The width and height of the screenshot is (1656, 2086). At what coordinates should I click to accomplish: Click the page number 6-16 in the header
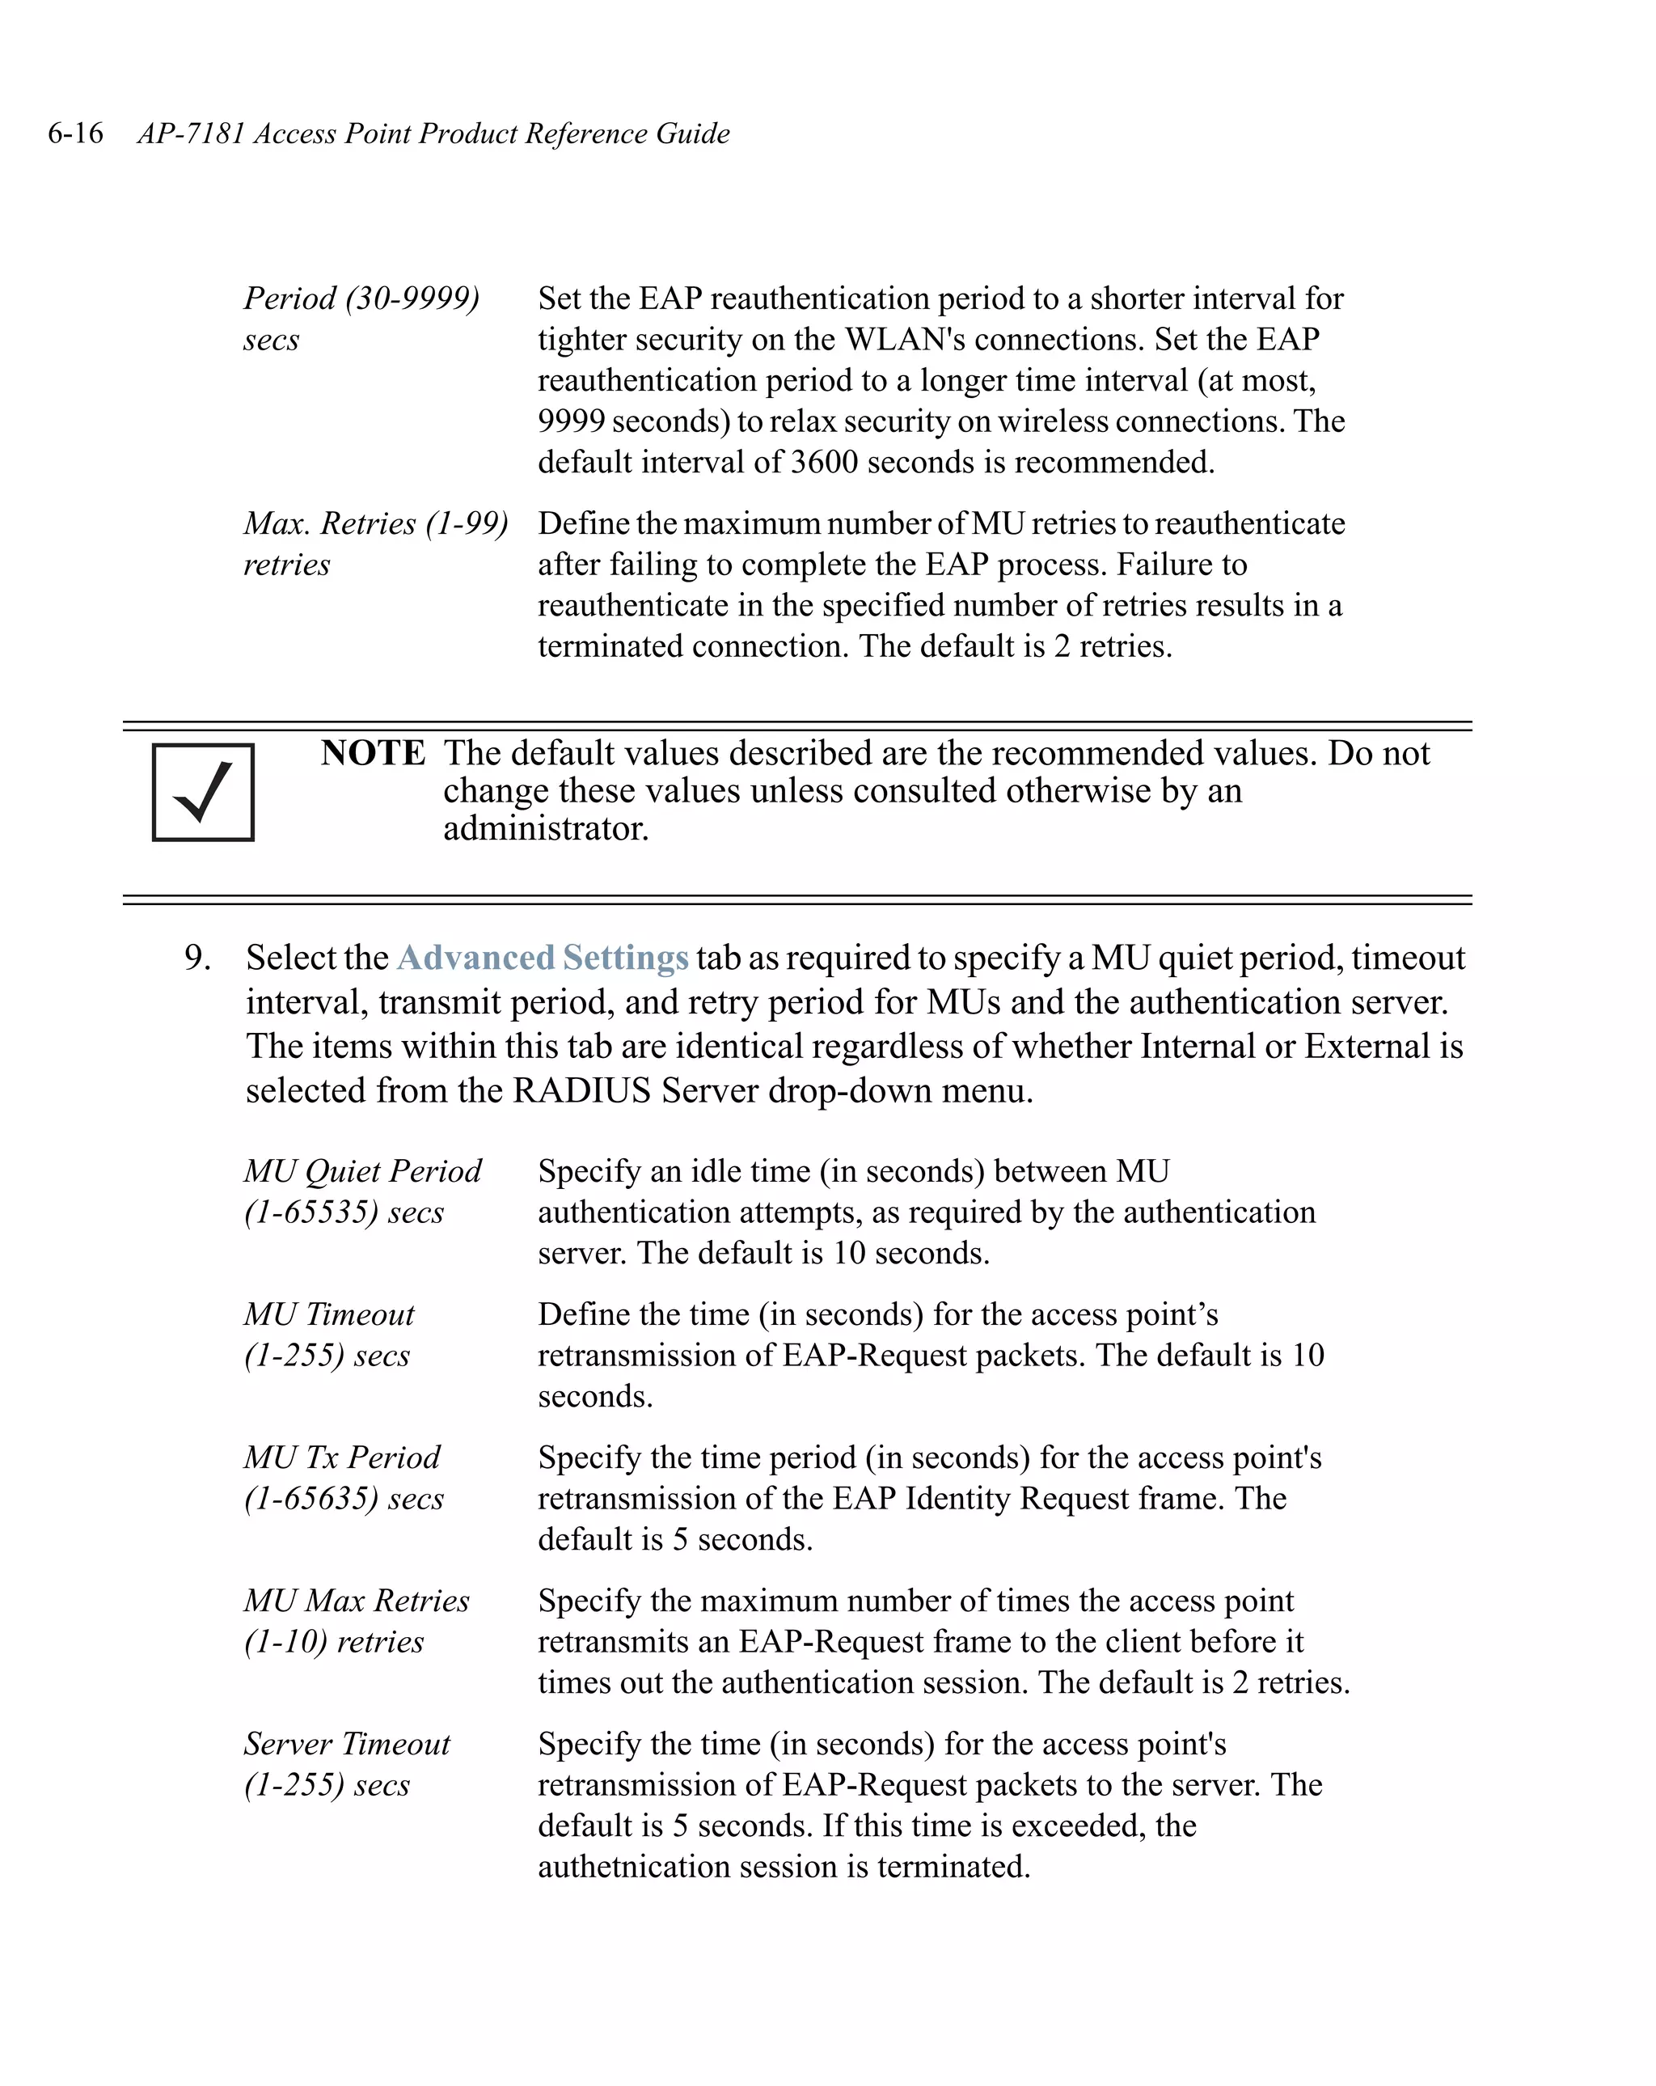[x=75, y=133]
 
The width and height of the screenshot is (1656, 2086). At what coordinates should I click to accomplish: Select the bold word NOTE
[x=373, y=753]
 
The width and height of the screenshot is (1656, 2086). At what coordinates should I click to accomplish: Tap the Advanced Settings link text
[x=543, y=958]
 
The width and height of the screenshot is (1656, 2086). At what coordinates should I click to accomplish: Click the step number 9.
[x=196, y=958]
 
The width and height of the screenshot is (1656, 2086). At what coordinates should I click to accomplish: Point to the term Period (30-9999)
[x=361, y=298]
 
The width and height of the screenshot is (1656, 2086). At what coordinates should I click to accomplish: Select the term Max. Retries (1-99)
[x=375, y=523]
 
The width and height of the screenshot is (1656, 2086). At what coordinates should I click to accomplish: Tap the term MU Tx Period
[x=341, y=1457]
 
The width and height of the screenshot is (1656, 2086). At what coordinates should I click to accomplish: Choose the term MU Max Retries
[x=356, y=1601]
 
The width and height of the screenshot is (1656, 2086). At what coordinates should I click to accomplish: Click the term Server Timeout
[x=346, y=1744]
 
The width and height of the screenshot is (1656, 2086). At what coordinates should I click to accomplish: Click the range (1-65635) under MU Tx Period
[x=310, y=1499]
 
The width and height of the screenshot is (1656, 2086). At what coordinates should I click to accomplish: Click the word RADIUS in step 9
[x=581, y=1090]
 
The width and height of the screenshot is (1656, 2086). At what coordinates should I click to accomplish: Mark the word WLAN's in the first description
[x=905, y=340]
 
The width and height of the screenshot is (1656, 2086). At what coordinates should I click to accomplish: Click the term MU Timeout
[x=329, y=1314]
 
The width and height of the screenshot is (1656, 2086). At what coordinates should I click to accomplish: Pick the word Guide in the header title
[x=693, y=133]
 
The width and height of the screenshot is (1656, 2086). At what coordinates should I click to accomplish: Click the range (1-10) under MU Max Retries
[x=285, y=1642]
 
